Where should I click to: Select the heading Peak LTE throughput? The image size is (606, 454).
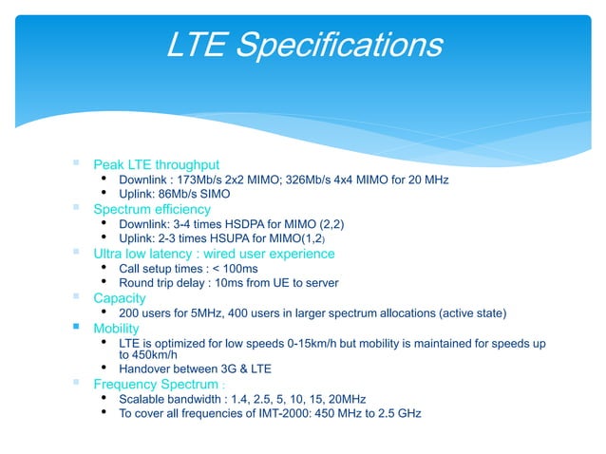(156, 164)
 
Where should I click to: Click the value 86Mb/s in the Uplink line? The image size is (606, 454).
(180, 194)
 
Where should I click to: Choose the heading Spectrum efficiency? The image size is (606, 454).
(152, 209)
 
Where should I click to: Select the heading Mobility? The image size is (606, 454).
(116, 328)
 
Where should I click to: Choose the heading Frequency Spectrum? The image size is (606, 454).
(156, 384)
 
